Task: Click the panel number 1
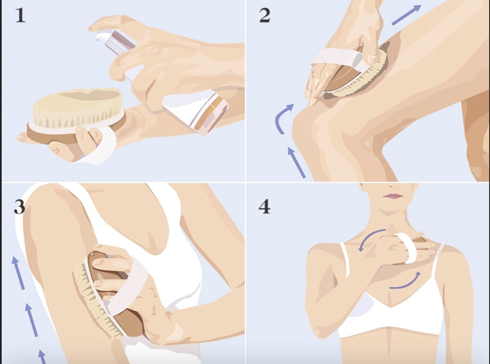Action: [x=21, y=15]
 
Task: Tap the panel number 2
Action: [x=265, y=15]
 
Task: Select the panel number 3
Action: [x=19, y=207]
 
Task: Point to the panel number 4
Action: [x=264, y=207]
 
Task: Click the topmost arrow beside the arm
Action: [x=18, y=273]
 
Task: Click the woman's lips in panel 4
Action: [x=393, y=196]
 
